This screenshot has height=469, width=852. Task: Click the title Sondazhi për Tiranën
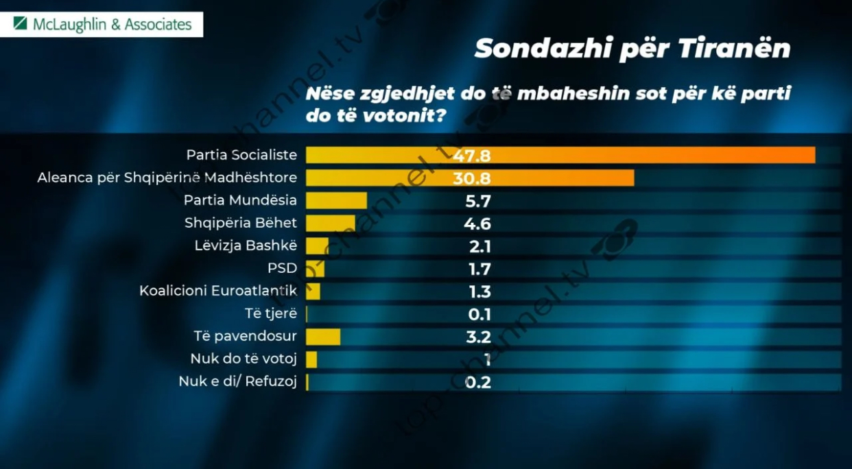click(632, 49)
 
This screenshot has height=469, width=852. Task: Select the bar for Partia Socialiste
click(560, 155)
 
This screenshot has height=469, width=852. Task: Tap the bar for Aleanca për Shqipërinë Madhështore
click(469, 178)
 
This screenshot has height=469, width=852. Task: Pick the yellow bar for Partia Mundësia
click(336, 200)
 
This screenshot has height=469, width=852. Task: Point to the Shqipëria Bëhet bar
click(330, 223)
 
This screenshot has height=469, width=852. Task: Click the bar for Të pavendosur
click(323, 337)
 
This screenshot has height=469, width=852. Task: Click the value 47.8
click(472, 156)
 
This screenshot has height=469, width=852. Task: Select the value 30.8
click(472, 178)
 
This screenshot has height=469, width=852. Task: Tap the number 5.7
click(477, 201)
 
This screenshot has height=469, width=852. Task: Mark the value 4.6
click(477, 224)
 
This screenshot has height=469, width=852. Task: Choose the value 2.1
click(477, 246)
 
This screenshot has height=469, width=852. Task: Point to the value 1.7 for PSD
click(477, 269)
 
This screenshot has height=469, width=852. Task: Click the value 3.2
click(477, 337)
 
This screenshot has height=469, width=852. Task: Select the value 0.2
click(477, 382)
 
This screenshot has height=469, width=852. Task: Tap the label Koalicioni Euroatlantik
click(218, 291)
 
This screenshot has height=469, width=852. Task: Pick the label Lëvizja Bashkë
click(246, 245)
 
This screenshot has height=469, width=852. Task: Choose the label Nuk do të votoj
click(244, 359)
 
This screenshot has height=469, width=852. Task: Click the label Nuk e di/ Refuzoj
click(237, 382)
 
